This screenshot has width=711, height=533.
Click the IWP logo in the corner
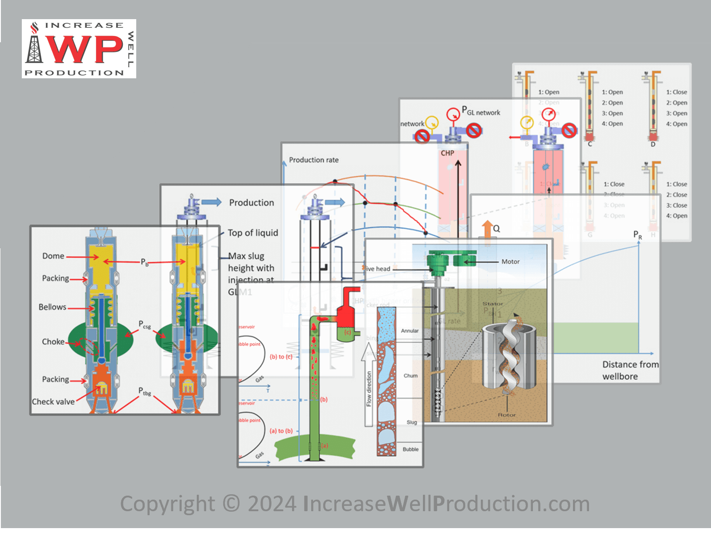[79, 48]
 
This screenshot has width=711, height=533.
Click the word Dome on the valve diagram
[53, 256]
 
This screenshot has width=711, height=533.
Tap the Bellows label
[52, 307]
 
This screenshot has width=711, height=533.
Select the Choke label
[53, 342]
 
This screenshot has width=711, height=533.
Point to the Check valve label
[53, 402]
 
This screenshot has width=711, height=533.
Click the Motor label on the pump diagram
[510, 262]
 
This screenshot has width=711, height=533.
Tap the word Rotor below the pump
[507, 415]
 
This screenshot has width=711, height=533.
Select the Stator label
[492, 303]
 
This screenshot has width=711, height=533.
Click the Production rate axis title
[313, 160]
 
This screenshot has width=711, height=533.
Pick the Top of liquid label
[252, 233]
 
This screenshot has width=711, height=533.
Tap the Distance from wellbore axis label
[630, 370]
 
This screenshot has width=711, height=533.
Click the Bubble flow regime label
[410, 449]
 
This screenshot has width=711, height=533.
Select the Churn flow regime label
[410, 376]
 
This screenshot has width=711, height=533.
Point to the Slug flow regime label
[412, 422]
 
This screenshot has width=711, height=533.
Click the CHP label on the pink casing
[447, 153]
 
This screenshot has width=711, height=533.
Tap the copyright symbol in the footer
[231, 504]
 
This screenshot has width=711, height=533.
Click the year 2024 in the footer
[272, 504]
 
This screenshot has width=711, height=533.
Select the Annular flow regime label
[410, 331]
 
